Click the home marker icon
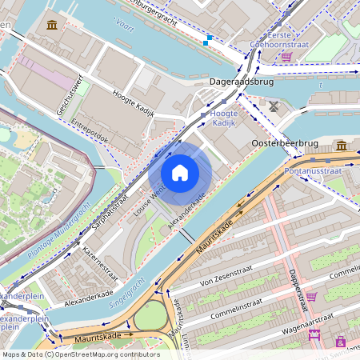coord(180,173)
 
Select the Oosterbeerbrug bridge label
coord(286,143)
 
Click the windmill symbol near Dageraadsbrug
coord(274,106)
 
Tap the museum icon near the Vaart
coord(53,25)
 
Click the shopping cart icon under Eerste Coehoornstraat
coord(286,57)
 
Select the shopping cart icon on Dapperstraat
coord(311,296)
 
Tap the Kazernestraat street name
coord(100,263)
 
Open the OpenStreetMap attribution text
coord(81,354)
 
